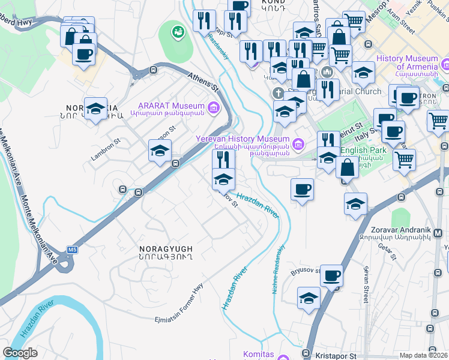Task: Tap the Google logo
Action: [x=20, y=353]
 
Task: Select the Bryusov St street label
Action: [x=306, y=270]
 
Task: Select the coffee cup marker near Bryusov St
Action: [x=331, y=276]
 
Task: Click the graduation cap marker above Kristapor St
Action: [x=309, y=298]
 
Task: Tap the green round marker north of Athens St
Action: [x=178, y=32]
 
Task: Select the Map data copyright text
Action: [x=423, y=355]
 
